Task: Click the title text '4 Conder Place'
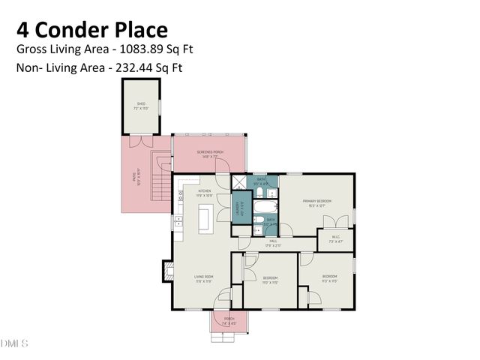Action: tap(91, 29)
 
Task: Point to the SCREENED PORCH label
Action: tap(210, 153)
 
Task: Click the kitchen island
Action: tap(202, 219)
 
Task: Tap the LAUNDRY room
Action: tap(241, 208)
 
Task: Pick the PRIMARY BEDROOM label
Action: tap(317, 202)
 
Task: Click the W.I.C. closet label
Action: tap(334, 240)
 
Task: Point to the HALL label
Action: tap(273, 244)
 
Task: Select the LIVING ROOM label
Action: tap(204, 279)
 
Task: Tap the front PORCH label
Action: tap(229, 320)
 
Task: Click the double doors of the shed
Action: tap(140, 140)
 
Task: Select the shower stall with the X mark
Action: tap(238, 181)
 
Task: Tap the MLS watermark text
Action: tap(14, 343)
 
